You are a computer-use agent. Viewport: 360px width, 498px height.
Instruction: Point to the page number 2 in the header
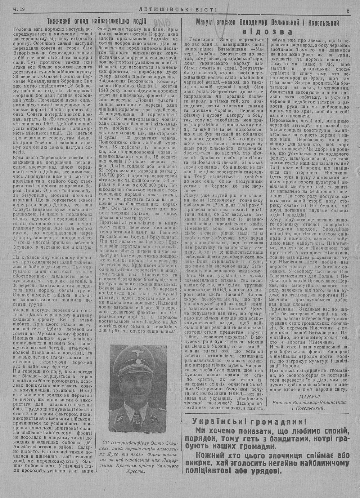(x=348, y=11)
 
